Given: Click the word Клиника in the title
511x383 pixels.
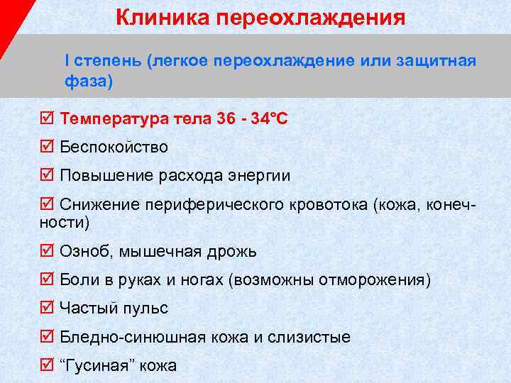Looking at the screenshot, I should tap(151, 16).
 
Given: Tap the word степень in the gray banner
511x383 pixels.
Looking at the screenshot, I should tap(106, 61).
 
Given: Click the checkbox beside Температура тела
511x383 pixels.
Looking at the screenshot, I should tap(47, 118).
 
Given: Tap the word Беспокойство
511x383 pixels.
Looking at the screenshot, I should tap(114, 147).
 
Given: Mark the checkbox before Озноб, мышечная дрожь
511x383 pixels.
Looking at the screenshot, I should tap(47, 251).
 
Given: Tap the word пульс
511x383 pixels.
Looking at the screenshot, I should tap(145, 309).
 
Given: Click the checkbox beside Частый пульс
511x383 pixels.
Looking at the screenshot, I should tap(47, 308).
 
